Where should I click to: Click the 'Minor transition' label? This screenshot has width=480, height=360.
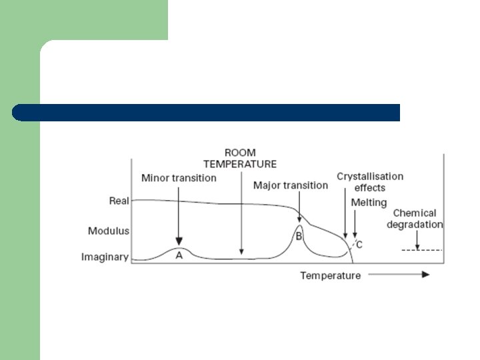pos(179,178)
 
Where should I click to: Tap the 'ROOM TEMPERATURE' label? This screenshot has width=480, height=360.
pos(240,159)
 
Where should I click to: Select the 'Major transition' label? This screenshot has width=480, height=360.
pos(291,185)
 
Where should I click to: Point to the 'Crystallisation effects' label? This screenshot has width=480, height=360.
pos(370,182)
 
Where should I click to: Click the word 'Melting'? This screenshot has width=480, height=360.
pos(369,202)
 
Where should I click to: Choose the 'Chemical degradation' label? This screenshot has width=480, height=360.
pos(415,219)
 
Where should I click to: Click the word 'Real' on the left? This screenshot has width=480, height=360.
pos(119,200)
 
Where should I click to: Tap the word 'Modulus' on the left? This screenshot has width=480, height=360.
pos(109,231)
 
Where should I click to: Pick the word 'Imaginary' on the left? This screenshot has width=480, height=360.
pos(105,257)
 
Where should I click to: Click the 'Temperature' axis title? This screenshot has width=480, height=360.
pos(330,275)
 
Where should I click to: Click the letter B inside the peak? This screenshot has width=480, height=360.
pos(299,236)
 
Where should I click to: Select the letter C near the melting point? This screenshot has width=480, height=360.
pos(359,245)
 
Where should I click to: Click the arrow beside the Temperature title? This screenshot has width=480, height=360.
pos(399,275)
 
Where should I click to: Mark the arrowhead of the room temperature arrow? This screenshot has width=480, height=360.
pos(241,254)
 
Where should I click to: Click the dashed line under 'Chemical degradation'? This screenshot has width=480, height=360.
pos(422,250)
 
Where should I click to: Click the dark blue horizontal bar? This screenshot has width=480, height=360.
pos(207,112)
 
